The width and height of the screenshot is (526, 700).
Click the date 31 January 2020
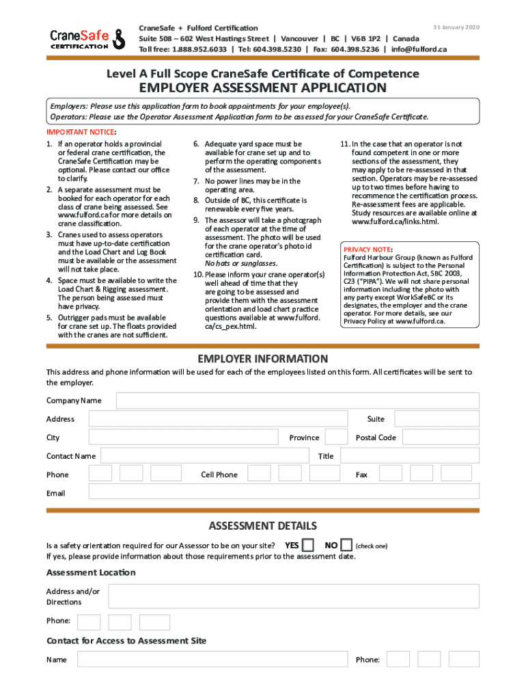pos(456,27)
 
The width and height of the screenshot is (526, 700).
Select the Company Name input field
pos(297,401)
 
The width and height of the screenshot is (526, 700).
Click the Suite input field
pos(437,419)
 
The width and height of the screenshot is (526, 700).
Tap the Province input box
pos(335,437)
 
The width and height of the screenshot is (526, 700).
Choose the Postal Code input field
pos(440,437)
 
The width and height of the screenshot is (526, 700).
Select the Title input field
pos(409,456)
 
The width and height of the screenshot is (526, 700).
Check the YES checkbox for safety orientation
pos(308,545)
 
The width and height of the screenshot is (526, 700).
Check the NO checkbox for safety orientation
pos(346,545)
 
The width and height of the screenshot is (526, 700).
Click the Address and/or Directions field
pos(294,596)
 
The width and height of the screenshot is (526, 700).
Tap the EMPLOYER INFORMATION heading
pos(262,359)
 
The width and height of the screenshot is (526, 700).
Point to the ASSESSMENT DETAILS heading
pos(262,526)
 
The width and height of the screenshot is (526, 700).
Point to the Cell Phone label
pos(219,474)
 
